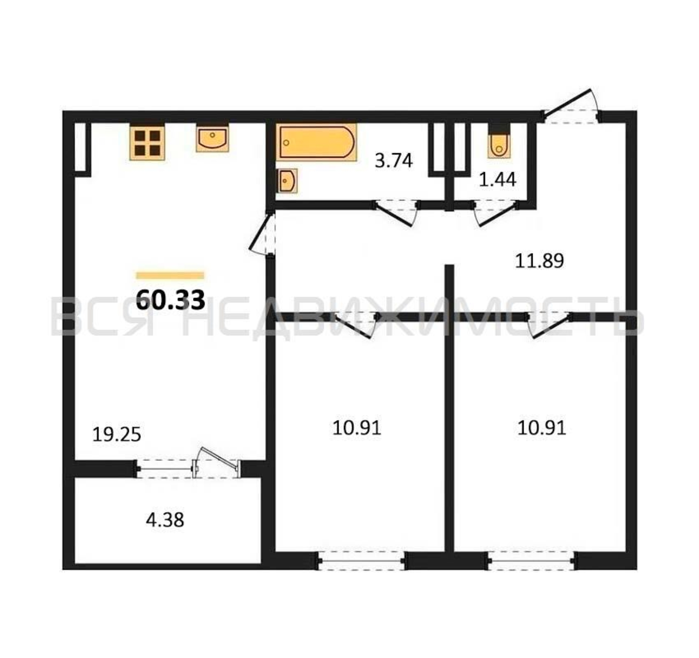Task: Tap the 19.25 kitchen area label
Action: tap(117, 435)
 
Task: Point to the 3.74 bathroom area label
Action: tap(393, 161)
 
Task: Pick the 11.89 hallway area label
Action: tap(539, 261)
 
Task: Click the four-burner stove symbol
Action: tap(147, 143)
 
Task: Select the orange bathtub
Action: tap(316, 142)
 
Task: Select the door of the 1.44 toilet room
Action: tap(496, 213)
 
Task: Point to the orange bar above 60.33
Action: tap(170, 275)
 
